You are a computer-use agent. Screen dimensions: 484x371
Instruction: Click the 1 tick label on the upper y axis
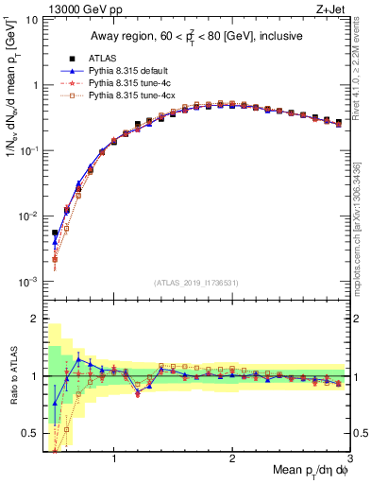click(35, 85)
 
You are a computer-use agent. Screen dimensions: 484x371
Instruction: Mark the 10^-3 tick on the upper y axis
click(30, 282)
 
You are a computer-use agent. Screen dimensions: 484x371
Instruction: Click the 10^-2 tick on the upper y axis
click(30, 216)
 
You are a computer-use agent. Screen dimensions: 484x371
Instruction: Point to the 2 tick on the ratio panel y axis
click(35, 319)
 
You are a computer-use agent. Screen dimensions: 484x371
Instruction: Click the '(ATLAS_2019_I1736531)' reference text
click(195, 283)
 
